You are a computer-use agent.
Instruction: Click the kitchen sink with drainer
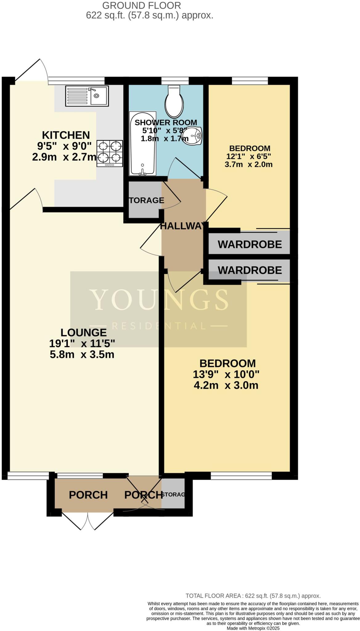pos(87,96)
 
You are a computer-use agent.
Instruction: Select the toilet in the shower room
pos(174,100)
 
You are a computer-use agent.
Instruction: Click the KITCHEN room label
pos(66,135)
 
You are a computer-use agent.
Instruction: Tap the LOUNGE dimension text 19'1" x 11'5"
pos(82,343)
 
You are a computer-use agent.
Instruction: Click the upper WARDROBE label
pos(250,244)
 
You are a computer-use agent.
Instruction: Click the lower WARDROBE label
pos(250,270)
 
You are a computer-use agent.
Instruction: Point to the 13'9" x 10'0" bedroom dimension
pos(226,374)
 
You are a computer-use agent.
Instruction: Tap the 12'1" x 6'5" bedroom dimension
pos(249,156)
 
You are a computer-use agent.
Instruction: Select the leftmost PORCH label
pos(88,495)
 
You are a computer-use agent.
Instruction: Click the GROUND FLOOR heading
pos(141,5)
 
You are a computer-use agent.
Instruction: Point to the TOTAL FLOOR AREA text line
pos(253,596)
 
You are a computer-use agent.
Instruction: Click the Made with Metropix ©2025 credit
pos(253,628)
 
